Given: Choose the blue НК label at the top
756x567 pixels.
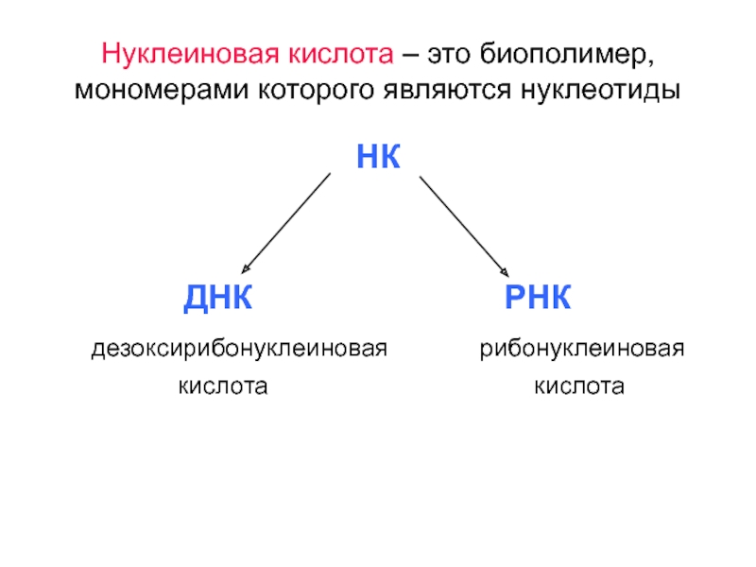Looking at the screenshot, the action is coord(379,157).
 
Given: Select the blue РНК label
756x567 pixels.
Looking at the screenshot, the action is coord(537,300).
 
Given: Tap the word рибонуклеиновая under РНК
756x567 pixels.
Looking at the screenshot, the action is coord(581,350).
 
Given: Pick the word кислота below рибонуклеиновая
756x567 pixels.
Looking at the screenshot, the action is coord(579,386).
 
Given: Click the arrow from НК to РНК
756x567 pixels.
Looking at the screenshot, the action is coord(464,225).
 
